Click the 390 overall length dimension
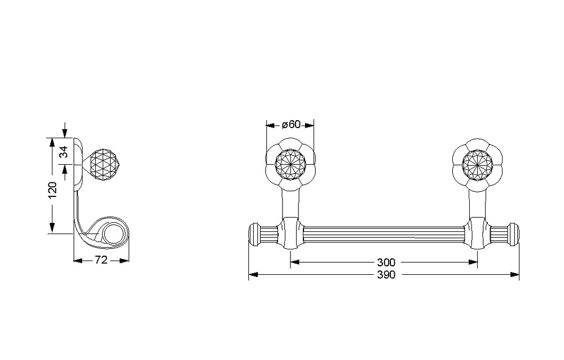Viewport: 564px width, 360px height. click(x=386, y=275)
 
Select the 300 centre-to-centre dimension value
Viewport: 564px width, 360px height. click(x=386, y=262)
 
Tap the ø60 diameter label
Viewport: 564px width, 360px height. click(x=291, y=125)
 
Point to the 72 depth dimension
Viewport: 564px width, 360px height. click(x=102, y=260)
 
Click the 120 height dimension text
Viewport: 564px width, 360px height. click(x=52, y=191)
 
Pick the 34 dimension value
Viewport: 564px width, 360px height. click(x=64, y=152)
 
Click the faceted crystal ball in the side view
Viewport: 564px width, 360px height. click(x=103, y=164)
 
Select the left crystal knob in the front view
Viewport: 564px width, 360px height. click(x=290, y=165)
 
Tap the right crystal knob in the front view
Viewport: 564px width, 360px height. click(x=477, y=165)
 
